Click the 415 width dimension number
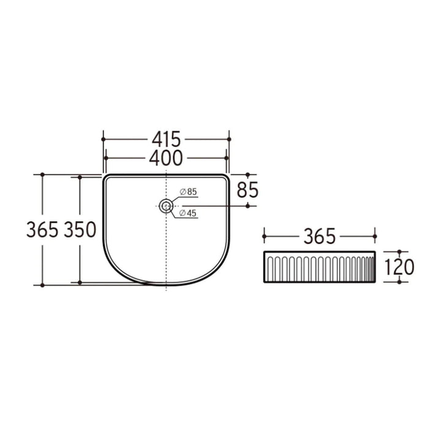point(165,139)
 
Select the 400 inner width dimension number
point(165,158)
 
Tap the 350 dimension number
point(80,230)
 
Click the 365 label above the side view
point(318,235)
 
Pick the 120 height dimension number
point(399,266)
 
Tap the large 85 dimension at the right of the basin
point(247,190)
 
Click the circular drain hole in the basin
point(165,206)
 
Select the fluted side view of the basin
point(319,266)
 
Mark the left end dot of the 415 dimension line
point(103,139)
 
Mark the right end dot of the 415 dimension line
point(228,139)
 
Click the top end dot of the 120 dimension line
point(399,251)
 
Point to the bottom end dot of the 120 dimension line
point(399,282)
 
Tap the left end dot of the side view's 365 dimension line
point(264,235)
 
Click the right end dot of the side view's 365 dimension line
point(374,235)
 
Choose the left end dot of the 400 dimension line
point(106,158)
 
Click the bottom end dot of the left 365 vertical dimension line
point(42,285)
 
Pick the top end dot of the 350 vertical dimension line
point(80,177)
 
